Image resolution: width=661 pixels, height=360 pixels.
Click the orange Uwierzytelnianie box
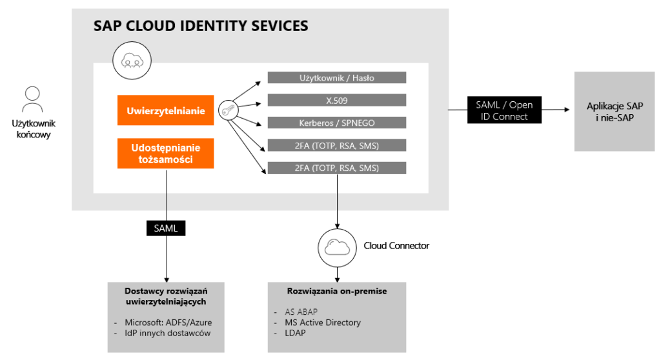click(165, 111)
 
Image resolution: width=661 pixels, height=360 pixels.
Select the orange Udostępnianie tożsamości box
click(165, 153)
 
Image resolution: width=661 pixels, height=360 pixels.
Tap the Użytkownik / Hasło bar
click(336, 77)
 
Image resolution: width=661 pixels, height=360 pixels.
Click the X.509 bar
click(336, 100)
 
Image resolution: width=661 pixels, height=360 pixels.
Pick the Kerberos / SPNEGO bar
click(336, 123)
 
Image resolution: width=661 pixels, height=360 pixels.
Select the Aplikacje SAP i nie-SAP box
click(615, 111)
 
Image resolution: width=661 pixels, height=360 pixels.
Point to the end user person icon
click(32, 100)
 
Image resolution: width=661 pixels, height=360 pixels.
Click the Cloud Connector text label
click(396, 246)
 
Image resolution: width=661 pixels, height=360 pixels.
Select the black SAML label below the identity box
click(167, 228)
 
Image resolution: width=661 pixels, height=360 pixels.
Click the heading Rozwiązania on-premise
click(336, 291)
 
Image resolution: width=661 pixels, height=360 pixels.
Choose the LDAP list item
click(294, 332)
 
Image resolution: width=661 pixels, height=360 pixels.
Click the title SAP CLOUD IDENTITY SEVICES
click(201, 26)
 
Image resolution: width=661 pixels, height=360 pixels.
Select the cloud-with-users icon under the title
click(132, 60)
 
